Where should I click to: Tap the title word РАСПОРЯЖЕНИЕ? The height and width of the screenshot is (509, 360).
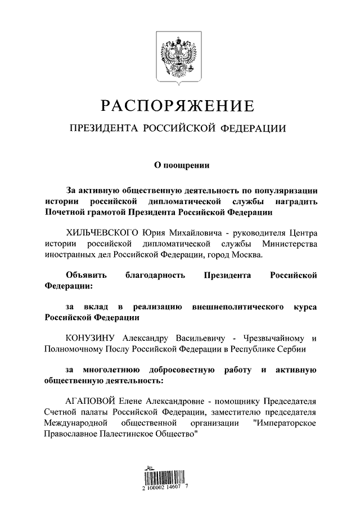pyautogui.click(x=178, y=105)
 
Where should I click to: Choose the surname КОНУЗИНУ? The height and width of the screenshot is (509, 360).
pyautogui.click(x=90, y=339)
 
